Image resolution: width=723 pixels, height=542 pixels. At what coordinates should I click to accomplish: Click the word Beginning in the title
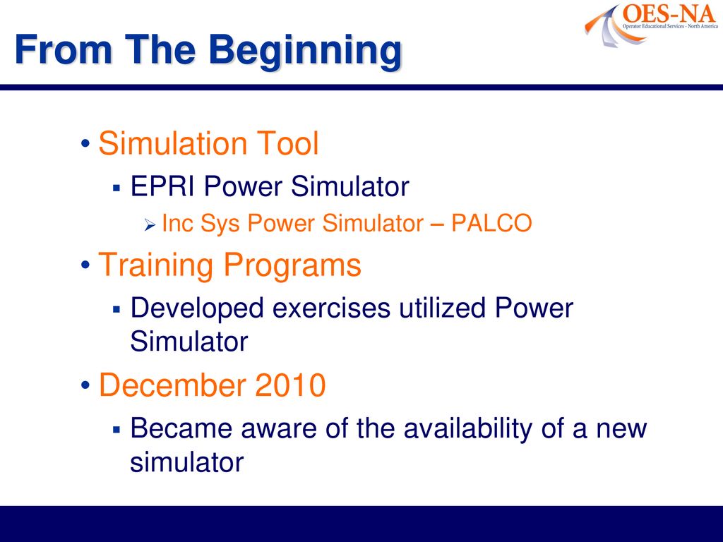pyautogui.click(x=305, y=52)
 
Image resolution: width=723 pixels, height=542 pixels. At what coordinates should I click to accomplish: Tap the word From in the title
pyautogui.click(x=64, y=49)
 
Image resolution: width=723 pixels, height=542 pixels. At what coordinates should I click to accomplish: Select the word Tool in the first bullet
pyautogui.click(x=287, y=143)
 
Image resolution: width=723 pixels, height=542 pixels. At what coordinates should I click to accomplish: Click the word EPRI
pyautogui.click(x=162, y=186)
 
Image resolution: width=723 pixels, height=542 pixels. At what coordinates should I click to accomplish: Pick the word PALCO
pyautogui.click(x=491, y=223)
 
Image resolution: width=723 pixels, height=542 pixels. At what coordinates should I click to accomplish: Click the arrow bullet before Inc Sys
pyautogui.click(x=150, y=225)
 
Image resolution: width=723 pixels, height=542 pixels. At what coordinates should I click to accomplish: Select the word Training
pyautogui.click(x=156, y=266)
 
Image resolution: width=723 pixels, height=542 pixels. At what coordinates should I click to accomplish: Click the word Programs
pyautogui.click(x=292, y=266)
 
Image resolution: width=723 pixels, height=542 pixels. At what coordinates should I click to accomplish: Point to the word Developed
pyautogui.click(x=198, y=309)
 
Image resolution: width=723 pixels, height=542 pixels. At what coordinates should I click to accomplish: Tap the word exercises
pyautogui.click(x=331, y=308)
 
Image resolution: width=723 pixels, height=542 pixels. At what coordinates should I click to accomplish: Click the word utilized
pyautogui.click(x=442, y=308)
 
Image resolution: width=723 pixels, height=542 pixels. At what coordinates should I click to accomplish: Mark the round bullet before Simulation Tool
pyautogui.click(x=85, y=143)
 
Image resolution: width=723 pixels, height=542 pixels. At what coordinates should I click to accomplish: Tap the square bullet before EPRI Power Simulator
pyautogui.click(x=116, y=188)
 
